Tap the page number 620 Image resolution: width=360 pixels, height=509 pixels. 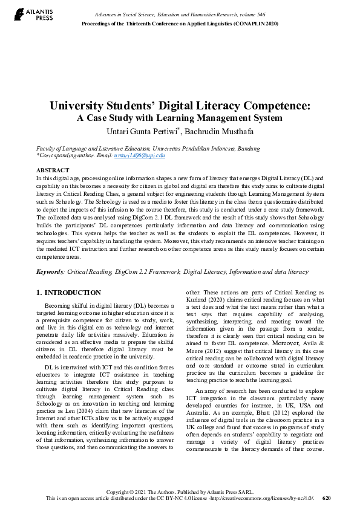click(x=327, y=498)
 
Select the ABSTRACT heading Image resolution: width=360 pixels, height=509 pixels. click(x=53, y=170)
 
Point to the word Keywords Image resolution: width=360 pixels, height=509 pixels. click(x=49, y=273)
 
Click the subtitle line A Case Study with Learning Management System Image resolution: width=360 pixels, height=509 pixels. click(x=180, y=117)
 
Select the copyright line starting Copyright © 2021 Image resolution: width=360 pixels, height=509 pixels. click(x=180, y=492)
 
